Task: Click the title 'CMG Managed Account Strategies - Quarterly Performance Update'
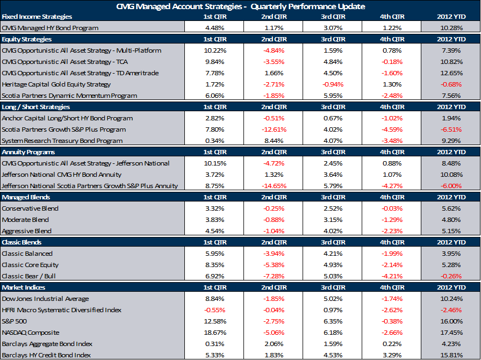pyautogui.click(x=240, y=6)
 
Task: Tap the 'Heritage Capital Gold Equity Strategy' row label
pyautogui.click(x=56, y=84)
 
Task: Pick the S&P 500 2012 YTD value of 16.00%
pyautogui.click(x=451, y=321)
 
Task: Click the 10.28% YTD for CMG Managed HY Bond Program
pyautogui.click(x=451, y=28)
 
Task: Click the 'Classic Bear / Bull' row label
pyautogui.click(x=29, y=276)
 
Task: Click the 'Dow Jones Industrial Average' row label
pyautogui.click(x=46, y=299)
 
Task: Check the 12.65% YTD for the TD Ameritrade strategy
pyautogui.click(x=451, y=73)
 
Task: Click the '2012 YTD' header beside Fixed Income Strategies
pyautogui.click(x=451, y=17)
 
